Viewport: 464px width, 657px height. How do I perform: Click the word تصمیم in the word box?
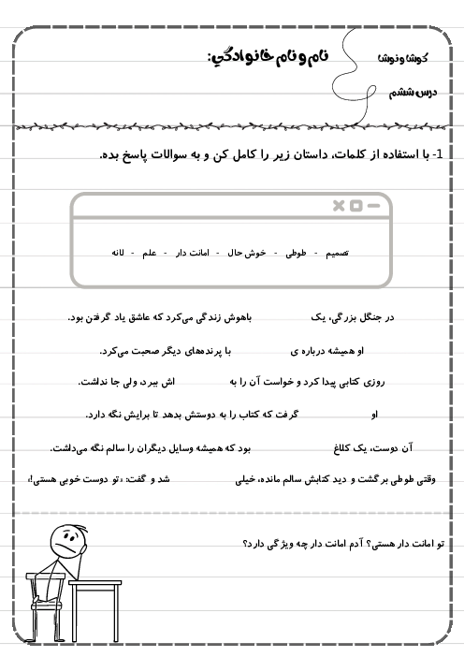point(335,253)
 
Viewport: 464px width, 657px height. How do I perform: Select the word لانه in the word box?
point(119,253)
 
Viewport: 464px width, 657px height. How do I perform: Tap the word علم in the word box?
point(150,253)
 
